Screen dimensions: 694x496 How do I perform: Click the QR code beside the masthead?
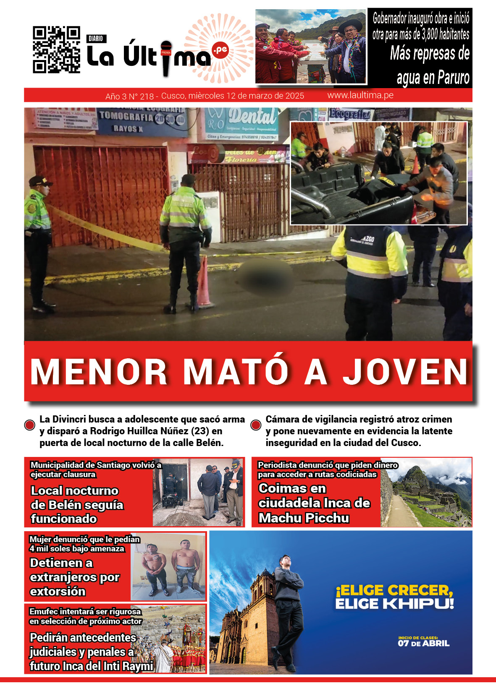click(x=56, y=50)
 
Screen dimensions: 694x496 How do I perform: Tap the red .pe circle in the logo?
click(x=220, y=50)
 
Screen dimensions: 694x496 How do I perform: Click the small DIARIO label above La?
click(x=96, y=39)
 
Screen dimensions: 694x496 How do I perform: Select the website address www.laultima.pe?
click(x=360, y=95)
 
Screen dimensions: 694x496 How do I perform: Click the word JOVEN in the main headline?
click(x=406, y=372)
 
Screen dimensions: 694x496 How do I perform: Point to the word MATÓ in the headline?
click(x=236, y=372)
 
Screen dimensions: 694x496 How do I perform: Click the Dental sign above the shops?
click(x=252, y=116)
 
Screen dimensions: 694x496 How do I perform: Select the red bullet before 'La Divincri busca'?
click(x=30, y=425)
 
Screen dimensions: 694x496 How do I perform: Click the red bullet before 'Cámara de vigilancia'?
click(x=256, y=425)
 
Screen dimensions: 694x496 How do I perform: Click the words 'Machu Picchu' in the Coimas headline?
click(x=304, y=518)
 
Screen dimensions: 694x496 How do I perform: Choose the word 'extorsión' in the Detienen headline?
click(x=58, y=591)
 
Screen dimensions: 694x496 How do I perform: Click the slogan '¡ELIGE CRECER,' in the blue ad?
click(x=394, y=590)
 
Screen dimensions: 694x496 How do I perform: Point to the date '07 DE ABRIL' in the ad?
click(x=423, y=643)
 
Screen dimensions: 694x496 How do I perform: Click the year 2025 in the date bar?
click(x=294, y=96)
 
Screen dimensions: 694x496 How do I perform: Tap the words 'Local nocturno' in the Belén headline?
click(x=75, y=490)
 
